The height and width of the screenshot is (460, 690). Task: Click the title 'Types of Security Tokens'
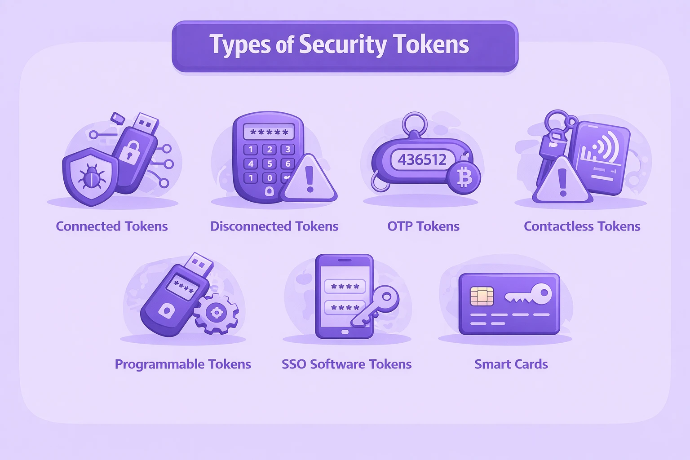340,45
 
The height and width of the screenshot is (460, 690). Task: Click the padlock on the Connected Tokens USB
130,150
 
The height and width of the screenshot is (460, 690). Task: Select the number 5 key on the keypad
270,164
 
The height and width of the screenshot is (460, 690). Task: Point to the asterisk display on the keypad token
269,132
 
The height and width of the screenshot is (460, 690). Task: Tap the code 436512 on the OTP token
422,159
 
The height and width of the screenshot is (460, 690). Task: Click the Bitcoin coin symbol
464,178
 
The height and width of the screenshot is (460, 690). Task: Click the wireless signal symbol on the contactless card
601,146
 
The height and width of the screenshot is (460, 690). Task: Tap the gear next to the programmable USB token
216,313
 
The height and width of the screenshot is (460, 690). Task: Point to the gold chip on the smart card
482,296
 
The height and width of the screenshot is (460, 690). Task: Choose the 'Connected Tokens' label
112,226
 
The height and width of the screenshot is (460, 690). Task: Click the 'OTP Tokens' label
423,226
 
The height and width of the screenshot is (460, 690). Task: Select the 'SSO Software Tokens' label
346,364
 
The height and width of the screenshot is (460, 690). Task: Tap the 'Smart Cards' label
511,364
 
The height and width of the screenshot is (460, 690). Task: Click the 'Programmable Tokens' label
183,364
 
